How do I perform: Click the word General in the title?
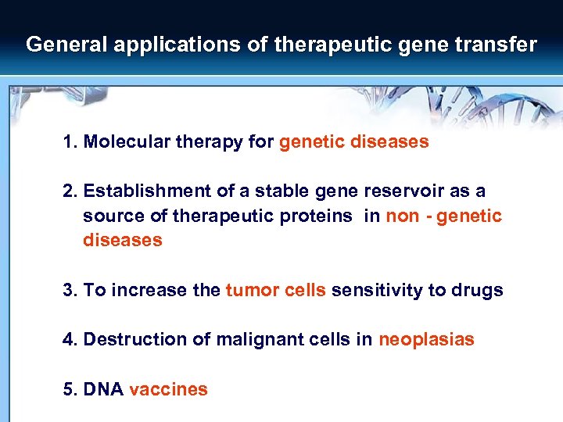click(66, 45)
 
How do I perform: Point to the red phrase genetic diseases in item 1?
click(353, 142)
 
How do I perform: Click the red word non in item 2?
click(403, 216)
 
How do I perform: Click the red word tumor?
click(249, 291)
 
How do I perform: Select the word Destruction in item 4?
click(128, 340)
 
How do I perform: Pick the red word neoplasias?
click(426, 340)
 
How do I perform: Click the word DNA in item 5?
click(103, 389)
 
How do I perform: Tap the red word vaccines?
click(168, 389)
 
